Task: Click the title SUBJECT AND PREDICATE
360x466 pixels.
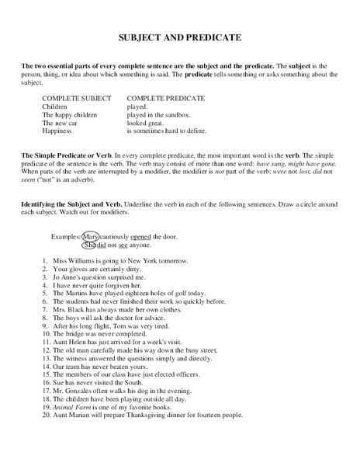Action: (180, 37)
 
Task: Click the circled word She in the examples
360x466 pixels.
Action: (89, 245)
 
